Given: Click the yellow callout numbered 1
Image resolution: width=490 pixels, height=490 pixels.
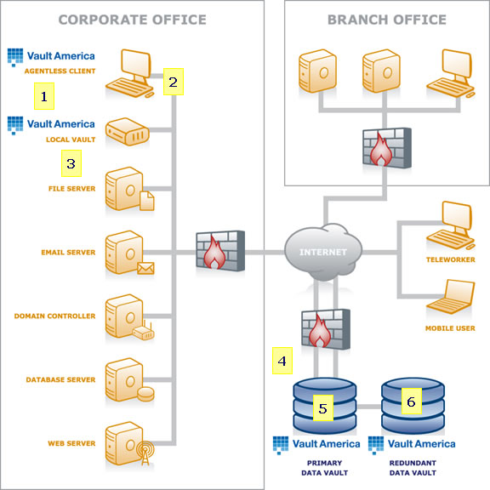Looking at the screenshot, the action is pos(44,96).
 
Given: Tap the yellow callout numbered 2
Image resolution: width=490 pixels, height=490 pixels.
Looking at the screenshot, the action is pos(174,82).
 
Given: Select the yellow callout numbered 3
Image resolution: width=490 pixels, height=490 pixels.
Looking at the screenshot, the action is pos(71,163).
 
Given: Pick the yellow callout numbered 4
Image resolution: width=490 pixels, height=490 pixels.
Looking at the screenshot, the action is pos(282,361).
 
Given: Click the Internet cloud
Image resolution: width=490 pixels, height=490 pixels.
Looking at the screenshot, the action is pos(323,252).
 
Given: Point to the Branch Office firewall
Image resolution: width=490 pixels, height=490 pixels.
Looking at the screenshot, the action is pos(387,147).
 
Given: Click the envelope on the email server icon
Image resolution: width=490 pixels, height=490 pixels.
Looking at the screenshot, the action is pos(145,268).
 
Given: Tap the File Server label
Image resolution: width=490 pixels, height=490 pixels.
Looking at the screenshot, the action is pos(71,189).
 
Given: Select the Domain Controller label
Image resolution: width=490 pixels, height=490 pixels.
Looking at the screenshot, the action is pos(54,316).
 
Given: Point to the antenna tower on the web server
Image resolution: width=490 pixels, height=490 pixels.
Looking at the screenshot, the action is pos(145,453).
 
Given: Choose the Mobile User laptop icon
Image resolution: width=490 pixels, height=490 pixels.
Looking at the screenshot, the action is pos(451,297).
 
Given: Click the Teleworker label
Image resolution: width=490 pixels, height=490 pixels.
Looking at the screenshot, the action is pos(450,259).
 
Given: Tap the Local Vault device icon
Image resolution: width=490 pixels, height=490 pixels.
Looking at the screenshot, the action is pos(128,132).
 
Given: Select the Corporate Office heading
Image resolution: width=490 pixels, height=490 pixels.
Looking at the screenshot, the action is pos(132,20).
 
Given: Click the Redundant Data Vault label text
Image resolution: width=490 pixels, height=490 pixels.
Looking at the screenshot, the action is pos(413,468).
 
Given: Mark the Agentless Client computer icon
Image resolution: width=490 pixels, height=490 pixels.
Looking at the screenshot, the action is pos(129,73).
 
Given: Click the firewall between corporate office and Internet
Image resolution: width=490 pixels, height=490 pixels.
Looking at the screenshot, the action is pos(220,251).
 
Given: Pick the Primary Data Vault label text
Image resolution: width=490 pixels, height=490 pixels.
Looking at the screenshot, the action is pos(324,468).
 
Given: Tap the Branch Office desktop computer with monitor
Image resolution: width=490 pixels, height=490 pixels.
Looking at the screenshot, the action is pos(451,74).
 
